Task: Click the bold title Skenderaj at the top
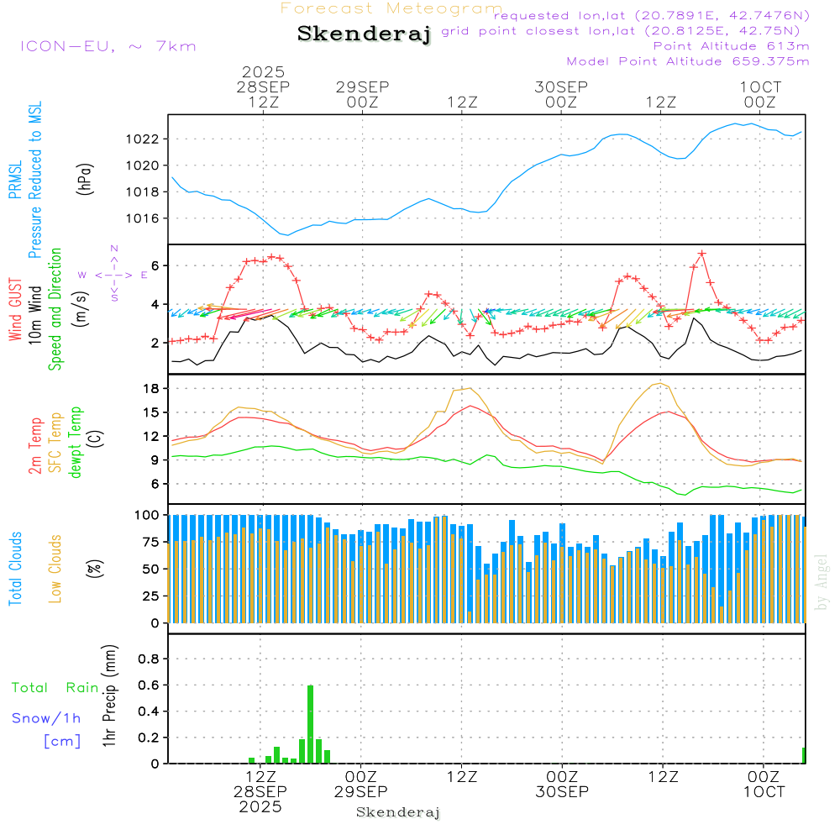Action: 364,34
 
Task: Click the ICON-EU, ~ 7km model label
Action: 108,46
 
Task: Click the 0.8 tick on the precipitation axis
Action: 149,659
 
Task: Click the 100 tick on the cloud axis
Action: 149,514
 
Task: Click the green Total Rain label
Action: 55,688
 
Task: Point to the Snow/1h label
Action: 47,718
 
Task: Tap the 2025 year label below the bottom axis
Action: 260,806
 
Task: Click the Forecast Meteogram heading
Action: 391,8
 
